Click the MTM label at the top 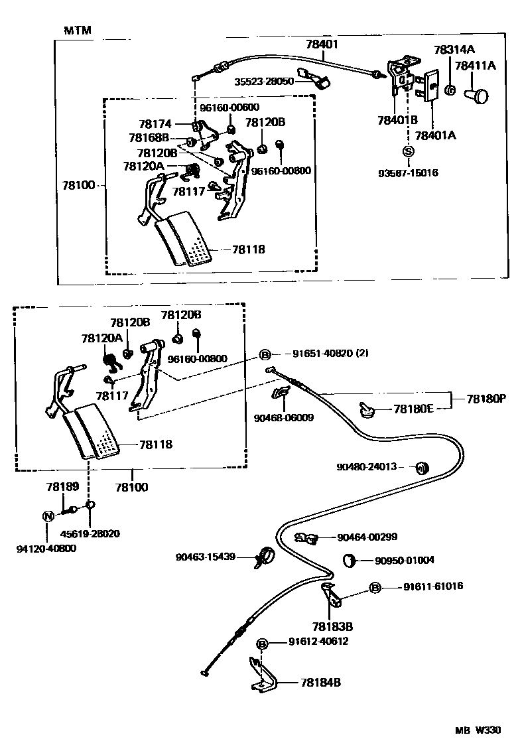coord(78,31)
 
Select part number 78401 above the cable coord(322,44)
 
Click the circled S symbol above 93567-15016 coord(409,152)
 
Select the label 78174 coord(155,124)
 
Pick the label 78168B coord(149,138)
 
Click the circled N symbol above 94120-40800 coord(48,517)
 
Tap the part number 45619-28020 coord(90,533)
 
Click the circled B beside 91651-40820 coord(264,354)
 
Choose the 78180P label coord(486,399)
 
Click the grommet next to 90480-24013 coord(420,468)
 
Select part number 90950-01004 coord(405,560)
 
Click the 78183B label coord(332,626)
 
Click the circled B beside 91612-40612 coord(263,644)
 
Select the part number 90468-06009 coord(283,418)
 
